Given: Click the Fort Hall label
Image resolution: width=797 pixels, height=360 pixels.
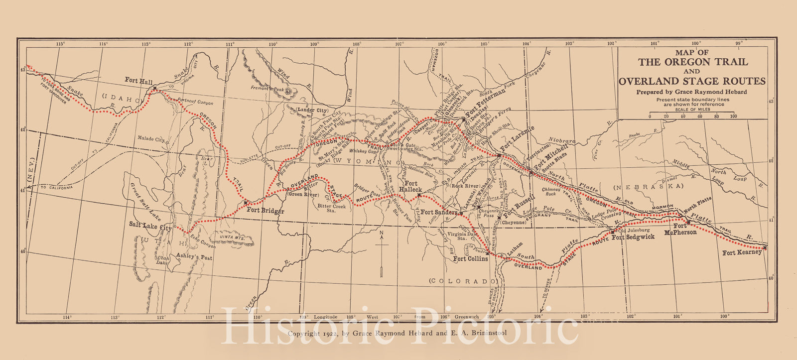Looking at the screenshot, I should pyautogui.click(x=139, y=80).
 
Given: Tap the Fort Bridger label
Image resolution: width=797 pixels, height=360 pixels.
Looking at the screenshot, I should pyautogui.click(x=266, y=211).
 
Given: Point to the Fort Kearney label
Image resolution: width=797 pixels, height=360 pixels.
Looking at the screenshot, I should pyautogui.click(x=742, y=252).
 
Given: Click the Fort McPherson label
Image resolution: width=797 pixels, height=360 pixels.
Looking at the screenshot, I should pyautogui.click(x=681, y=230).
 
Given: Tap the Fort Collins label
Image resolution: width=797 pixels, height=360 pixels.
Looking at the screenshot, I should pyautogui.click(x=470, y=259).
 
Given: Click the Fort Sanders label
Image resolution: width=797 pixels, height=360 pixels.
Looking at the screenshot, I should pyautogui.click(x=439, y=213).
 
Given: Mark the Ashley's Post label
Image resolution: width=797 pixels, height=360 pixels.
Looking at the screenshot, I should pyautogui.click(x=195, y=257).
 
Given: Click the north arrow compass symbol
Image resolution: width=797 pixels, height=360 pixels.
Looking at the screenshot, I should pyautogui.click(x=381, y=253).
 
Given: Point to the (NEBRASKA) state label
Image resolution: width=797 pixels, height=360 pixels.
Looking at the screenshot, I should pyautogui.click(x=648, y=186).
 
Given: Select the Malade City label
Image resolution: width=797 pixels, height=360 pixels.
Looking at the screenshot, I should pyautogui.click(x=151, y=140).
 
